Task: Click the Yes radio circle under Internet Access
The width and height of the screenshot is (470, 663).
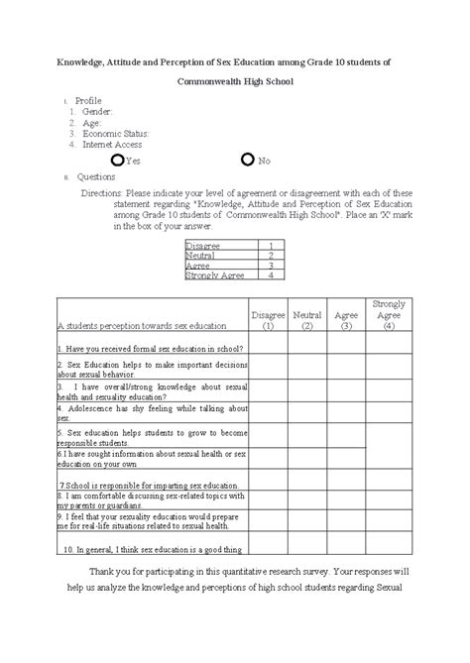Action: click(118, 160)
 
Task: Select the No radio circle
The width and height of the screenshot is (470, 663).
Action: click(248, 160)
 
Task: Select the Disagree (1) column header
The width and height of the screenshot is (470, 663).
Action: click(268, 319)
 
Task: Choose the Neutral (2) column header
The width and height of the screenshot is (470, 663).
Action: click(307, 319)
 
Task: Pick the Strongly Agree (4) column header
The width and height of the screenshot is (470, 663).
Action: click(389, 314)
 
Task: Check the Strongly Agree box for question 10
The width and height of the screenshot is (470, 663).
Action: click(389, 548)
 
